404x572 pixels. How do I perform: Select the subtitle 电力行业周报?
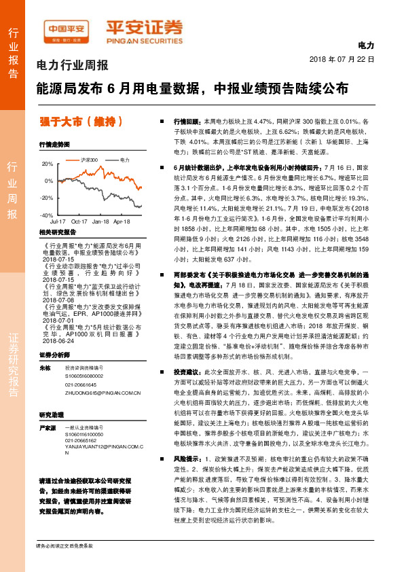tap(71, 66)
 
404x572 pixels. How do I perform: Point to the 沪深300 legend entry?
tap(89, 159)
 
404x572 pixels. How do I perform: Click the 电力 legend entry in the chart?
tap(124, 159)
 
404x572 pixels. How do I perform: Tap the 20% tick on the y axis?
tap(48, 164)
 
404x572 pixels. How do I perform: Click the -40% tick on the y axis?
tap(47, 215)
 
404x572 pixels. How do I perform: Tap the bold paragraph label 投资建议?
tap(187, 372)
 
